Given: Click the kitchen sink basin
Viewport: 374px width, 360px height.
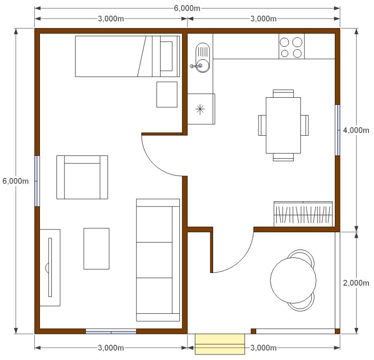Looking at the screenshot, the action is (x=202, y=57).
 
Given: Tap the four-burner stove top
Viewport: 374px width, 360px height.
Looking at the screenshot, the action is (x=291, y=46).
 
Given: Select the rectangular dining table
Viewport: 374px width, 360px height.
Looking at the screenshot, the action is (x=283, y=125).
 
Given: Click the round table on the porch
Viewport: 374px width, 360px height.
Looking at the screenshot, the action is (x=293, y=280).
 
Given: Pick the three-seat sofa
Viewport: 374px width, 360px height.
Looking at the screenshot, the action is (x=158, y=260).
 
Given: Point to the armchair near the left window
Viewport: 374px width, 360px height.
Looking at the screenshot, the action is (x=82, y=177).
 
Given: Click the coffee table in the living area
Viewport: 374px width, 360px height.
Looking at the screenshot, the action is (x=96, y=248).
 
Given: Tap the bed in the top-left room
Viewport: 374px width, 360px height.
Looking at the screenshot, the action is (x=127, y=56).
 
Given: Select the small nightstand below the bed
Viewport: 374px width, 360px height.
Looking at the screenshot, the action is (x=167, y=95).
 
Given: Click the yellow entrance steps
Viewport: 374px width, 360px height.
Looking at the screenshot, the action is (x=220, y=344).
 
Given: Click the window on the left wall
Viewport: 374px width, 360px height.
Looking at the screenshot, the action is (x=37, y=181).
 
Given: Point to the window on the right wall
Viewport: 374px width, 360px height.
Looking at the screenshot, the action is (x=338, y=130).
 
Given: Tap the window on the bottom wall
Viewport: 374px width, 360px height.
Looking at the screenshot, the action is (x=111, y=332).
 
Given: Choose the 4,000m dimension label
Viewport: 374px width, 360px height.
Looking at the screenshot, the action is (x=356, y=130).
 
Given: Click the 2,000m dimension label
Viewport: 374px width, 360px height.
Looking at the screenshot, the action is (x=356, y=283).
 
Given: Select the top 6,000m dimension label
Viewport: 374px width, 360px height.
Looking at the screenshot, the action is (x=187, y=8).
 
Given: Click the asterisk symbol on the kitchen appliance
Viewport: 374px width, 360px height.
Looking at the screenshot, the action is (x=200, y=109).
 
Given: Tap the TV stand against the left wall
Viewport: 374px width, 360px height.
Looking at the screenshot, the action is (x=50, y=267).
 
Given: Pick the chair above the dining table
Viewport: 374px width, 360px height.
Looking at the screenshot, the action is (x=283, y=93).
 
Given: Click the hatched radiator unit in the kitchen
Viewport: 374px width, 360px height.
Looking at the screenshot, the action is (x=303, y=214).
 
